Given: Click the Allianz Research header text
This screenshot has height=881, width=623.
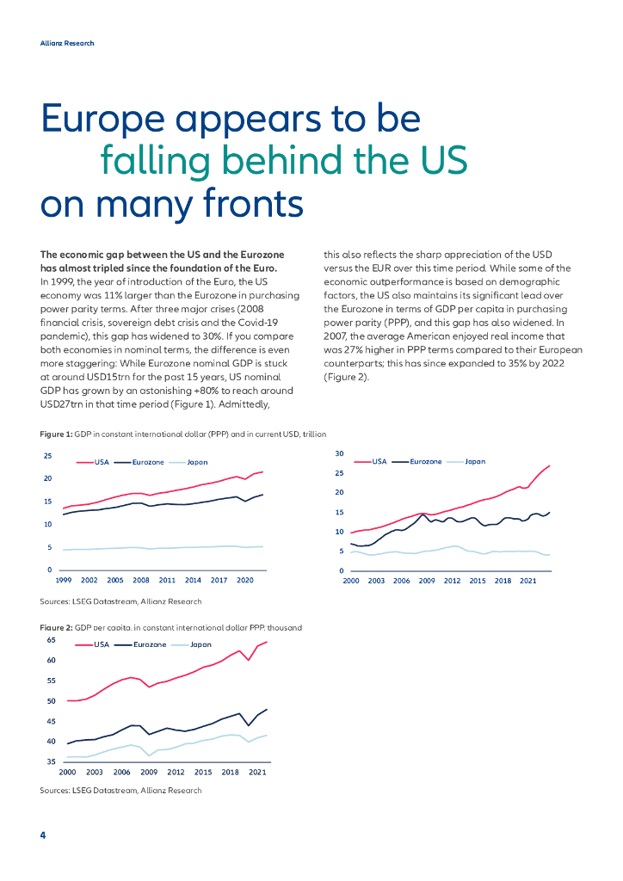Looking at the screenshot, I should click(67, 43).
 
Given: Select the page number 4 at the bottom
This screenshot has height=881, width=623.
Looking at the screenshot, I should click(43, 835).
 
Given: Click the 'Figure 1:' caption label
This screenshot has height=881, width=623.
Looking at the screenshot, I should click(56, 434).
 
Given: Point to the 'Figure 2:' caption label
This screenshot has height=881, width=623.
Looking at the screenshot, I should click(56, 628).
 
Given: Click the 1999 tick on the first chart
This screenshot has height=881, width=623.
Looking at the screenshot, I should click(64, 581).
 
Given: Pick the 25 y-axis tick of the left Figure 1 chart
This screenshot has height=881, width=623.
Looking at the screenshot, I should click(48, 456).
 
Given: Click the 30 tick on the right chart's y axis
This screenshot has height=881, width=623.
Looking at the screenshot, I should click(339, 453).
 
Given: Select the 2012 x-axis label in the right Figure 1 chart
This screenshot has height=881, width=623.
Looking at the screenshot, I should click(452, 582).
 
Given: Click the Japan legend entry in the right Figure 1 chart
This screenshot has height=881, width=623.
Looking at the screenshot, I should click(474, 462).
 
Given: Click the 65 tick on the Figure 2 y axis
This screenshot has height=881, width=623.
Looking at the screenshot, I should click(51, 641).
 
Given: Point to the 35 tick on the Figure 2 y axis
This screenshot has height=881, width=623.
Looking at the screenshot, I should click(51, 762).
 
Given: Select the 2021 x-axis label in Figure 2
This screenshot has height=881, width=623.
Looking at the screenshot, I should click(257, 773).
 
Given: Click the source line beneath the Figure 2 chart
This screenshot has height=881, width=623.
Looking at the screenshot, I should click(120, 791).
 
